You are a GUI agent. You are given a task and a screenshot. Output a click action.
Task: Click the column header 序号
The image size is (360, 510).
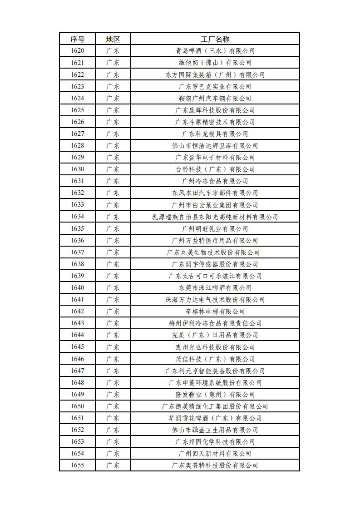pos(77,39)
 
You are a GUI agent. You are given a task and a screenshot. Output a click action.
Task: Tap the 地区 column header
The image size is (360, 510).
pos(113,39)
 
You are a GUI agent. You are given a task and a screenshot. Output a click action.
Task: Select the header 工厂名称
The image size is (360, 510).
pos(215,39)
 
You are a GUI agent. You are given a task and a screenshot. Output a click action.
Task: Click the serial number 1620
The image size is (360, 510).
pos(77,51)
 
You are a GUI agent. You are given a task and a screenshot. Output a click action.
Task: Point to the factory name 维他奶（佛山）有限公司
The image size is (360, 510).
pos(215,63)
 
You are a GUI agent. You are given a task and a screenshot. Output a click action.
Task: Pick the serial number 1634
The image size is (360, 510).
pos(77,217)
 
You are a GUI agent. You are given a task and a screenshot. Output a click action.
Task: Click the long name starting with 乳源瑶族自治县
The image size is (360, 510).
pos(215,217)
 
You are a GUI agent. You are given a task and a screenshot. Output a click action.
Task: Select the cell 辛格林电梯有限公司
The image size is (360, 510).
pos(215,312)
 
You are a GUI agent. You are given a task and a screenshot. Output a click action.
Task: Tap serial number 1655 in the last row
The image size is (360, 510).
pos(77,465)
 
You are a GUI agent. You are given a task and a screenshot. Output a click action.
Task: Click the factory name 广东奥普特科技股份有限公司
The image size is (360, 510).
pos(215,465)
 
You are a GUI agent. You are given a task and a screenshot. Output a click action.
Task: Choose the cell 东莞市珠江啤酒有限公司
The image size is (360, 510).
pos(215,288)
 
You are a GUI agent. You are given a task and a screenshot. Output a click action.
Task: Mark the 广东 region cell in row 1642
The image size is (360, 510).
pos(113,312)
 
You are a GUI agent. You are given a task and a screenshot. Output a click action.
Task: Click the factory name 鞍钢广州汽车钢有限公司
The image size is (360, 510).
pos(215,99)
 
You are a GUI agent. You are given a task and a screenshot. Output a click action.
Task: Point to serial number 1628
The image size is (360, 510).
pos(77,145)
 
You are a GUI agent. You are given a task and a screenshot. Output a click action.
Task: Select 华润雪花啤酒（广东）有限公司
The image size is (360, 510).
pos(215,418)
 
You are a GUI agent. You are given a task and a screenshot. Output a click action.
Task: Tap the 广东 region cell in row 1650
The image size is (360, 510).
pos(113,406)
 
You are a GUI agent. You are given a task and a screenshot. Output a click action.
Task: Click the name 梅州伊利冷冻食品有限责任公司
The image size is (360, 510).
pos(215,323)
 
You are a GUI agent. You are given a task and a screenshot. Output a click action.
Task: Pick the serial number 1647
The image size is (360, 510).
pos(77,371)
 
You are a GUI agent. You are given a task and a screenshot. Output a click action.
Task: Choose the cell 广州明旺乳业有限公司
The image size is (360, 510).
pos(215,229)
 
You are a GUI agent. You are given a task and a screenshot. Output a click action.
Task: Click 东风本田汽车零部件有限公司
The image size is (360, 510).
pos(215,193)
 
